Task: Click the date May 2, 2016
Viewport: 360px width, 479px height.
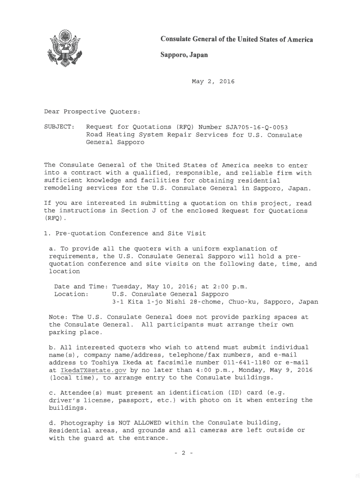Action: click(x=213, y=82)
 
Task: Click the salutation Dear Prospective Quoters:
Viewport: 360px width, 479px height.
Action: click(x=92, y=112)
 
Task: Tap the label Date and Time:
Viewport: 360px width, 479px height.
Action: click(x=81, y=286)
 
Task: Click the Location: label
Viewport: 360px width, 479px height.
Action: click(x=72, y=294)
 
